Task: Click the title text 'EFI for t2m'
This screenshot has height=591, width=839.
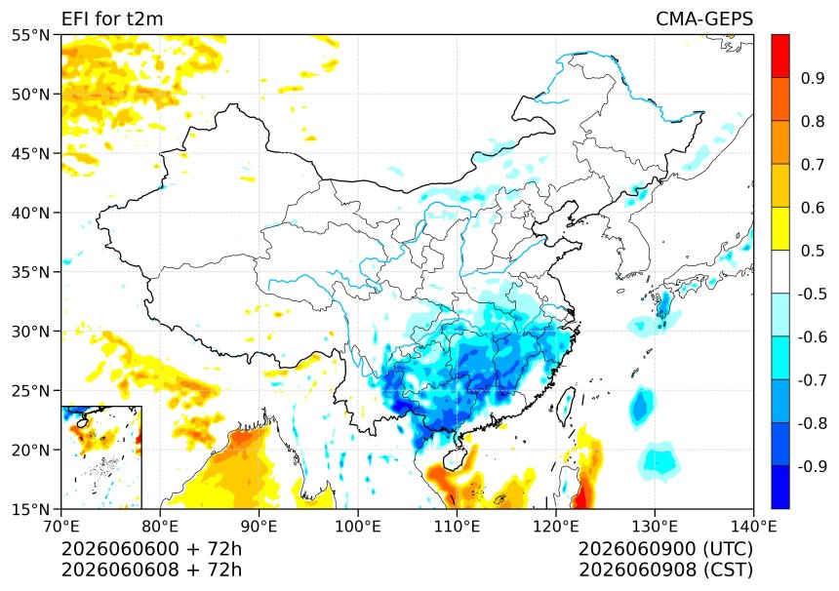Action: point(112,19)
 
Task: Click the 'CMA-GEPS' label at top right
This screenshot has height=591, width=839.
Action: point(704,19)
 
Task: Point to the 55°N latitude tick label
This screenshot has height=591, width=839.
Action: point(30,35)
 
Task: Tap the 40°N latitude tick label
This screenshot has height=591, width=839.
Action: point(30,213)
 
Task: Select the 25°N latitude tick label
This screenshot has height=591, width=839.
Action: point(30,391)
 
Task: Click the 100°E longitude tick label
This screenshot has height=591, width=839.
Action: point(358,527)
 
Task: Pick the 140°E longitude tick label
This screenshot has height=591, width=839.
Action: point(753,527)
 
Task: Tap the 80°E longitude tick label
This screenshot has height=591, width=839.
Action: point(160,527)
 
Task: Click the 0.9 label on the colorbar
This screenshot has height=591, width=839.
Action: point(813,79)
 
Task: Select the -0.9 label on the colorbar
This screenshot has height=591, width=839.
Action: point(813,466)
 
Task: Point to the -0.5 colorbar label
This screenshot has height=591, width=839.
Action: point(813,294)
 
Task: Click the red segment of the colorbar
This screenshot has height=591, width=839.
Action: point(780,57)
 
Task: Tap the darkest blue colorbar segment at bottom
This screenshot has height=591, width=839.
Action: point(780,487)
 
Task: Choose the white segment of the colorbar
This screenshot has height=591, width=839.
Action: point(780,272)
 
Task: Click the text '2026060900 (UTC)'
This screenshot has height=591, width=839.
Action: point(665,549)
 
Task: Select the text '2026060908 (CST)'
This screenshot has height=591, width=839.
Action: point(665,571)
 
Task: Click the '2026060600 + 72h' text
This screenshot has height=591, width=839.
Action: point(151,549)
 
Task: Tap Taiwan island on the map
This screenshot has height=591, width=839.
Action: point(566,405)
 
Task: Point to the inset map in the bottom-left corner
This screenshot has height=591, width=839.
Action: point(101,457)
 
